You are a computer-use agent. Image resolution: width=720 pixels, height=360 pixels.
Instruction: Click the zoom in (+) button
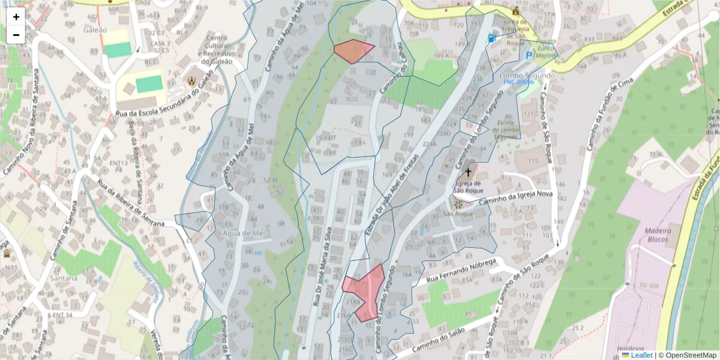click(16, 17)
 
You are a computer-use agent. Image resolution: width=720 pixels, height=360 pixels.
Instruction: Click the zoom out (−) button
click(16, 35)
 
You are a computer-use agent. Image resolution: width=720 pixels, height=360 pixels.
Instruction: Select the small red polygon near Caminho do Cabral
click(353, 50)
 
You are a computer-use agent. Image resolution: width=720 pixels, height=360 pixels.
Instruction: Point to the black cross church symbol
click(468, 172)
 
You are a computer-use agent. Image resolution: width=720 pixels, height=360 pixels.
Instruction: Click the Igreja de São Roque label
click(469, 187)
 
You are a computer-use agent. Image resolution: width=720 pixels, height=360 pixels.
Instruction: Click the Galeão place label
click(95, 30)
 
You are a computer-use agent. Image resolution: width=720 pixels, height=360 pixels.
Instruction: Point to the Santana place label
click(64, 278)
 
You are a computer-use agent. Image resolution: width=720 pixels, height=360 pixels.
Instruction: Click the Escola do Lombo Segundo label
click(505, 128)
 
